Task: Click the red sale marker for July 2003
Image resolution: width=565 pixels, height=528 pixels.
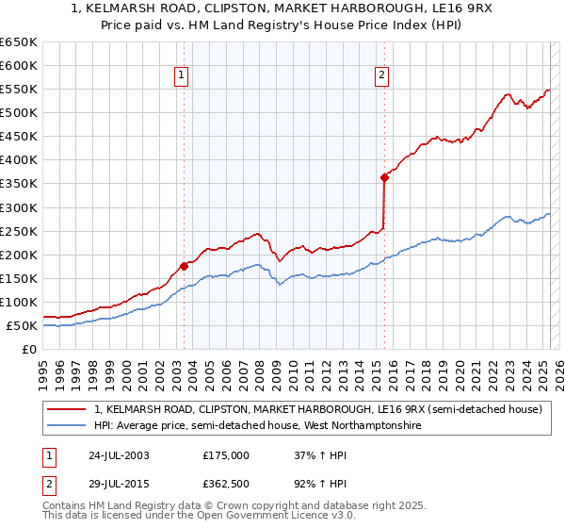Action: tap(184, 266)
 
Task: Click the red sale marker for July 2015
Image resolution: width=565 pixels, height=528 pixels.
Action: tap(384, 177)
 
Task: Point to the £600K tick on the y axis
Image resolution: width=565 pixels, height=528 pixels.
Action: tap(20, 65)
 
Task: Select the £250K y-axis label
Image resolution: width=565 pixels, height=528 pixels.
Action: tap(20, 231)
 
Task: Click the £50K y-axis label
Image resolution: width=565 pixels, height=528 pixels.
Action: tap(24, 325)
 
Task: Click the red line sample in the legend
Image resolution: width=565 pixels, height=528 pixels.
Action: tap(67, 410)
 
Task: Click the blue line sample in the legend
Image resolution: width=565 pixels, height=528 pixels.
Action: tap(67, 426)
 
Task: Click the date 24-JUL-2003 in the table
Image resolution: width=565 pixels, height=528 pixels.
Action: tap(121, 454)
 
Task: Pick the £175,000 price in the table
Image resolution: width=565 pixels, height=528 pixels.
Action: tap(226, 454)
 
